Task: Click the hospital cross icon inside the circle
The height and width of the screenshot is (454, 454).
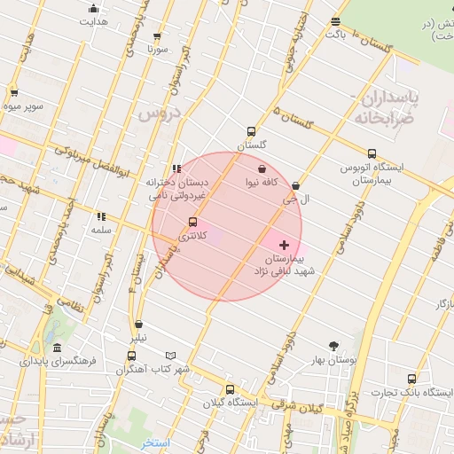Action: tap(284, 244)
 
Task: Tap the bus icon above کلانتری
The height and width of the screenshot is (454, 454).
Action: tap(192, 223)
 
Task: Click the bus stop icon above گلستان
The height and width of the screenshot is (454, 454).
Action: tap(251, 130)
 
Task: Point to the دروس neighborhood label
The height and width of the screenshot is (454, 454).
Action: tap(159, 113)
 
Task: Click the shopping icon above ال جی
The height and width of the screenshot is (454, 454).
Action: tap(295, 186)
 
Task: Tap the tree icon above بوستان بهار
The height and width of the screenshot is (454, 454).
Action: tap(333, 346)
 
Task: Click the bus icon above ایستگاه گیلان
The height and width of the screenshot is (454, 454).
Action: tap(231, 388)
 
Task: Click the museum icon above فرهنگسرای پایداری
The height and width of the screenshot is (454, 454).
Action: tap(57, 348)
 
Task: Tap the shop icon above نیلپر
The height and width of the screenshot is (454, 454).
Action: tap(138, 325)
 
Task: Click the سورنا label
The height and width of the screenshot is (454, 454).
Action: tap(158, 50)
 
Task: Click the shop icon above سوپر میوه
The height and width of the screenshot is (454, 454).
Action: tap(14, 92)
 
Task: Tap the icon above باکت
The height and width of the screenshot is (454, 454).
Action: tap(335, 22)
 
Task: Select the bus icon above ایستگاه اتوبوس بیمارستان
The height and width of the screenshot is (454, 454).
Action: tap(371, 153)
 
